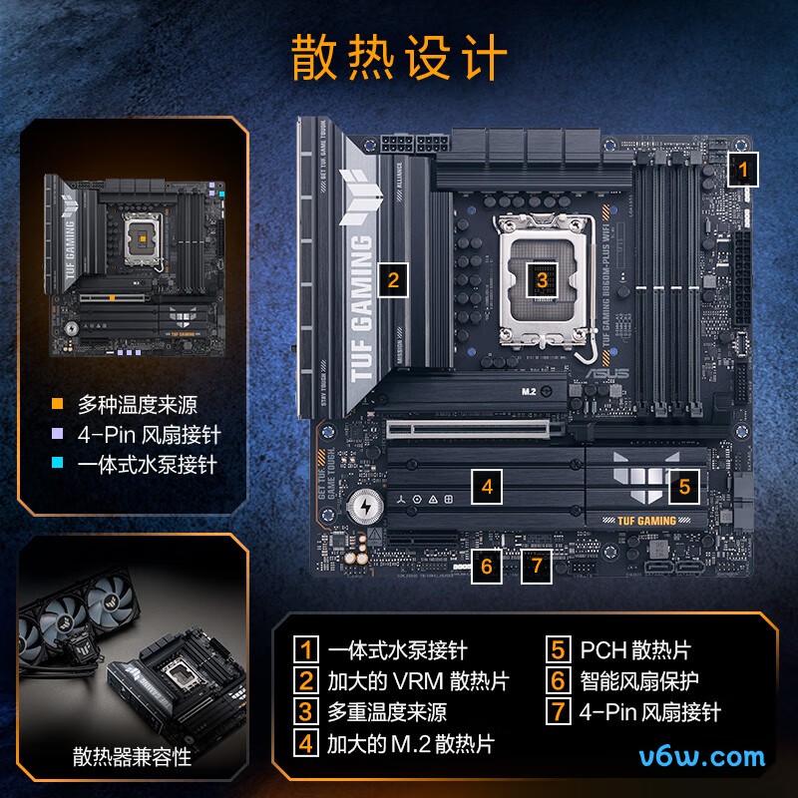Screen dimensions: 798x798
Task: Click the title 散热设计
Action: pyautogui.click(x=399, y=57)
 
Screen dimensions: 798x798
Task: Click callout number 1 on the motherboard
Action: pyautogui.click(x=741, y=170)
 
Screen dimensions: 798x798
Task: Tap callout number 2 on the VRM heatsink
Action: pyautogui.click(x=394, y=279)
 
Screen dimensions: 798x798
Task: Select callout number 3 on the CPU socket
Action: pyautogui.click(x=542, y=279)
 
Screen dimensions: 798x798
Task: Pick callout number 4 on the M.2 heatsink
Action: pyautogui.click(x=486, y=488)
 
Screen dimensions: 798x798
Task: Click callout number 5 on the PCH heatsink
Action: pyautogui.click(x=683, y=487)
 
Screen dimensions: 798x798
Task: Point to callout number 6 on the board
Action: pyautogui.click(x=486, y=566)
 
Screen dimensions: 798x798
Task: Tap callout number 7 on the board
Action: pyautogui.click(x=537, y=566)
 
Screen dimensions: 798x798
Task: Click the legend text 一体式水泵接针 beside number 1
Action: pyautogui.click(x=397, y=650)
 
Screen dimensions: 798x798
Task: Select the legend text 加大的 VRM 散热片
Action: pyautogui.click(x=418, y=681)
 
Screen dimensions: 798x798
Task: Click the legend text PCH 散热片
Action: pyautogui.click(x=634, y=650)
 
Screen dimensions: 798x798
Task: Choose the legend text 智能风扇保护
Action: pyautogui.click(x=639, y=681)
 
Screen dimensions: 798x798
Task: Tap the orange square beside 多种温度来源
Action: pyautogui.click(x=58, y=405)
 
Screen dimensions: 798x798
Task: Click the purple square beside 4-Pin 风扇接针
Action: pyautogui.click(x=58, y=435)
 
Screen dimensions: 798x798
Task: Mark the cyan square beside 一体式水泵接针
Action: pyautogui.click(x=58, y=465)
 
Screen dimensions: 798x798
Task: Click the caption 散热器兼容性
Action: pyautogui.click(x=132, y=757)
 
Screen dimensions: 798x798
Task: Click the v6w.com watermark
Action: pyautogui.click(x=702, y=756)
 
